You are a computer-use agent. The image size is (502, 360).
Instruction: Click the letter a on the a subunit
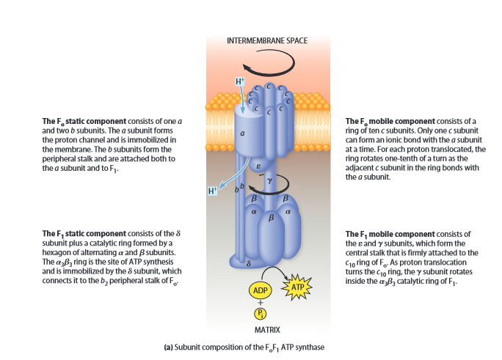(x=242, y=134)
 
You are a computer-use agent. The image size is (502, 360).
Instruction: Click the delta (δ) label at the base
(x=249, y=261)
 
